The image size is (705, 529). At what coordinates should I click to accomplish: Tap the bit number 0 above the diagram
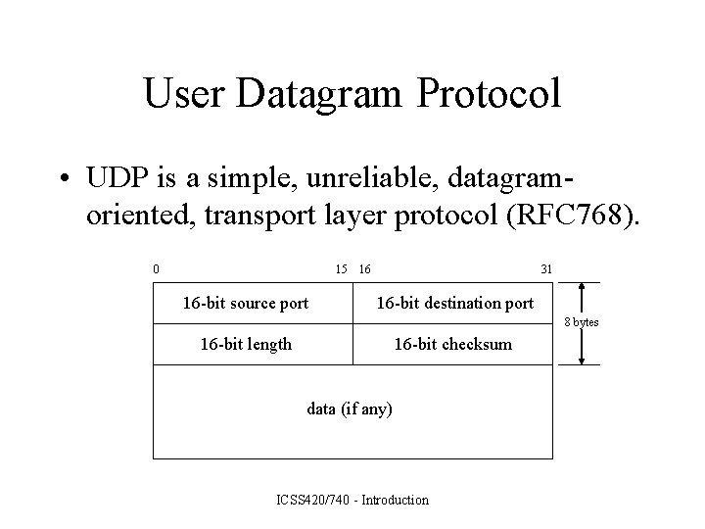pyautogui.click(x=157, y=268)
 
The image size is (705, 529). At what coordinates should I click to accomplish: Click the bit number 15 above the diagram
pyautogui.click(x=341, y=268)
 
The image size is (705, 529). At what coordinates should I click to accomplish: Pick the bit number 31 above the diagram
pyautogui.click(x=546, y=268)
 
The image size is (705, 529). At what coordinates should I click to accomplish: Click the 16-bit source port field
pyautogui.click(x=246, y=303)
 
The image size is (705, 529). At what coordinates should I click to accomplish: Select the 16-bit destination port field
pyautogui.click(x=455, y=303)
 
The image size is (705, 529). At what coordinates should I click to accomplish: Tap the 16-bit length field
pyautogui.click(x=246, y=344)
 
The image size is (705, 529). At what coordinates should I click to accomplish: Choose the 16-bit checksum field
pyautogui.click(x=452, y=344)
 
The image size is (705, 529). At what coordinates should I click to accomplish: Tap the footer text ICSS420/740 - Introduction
pyautogui.click(x=353, y=501)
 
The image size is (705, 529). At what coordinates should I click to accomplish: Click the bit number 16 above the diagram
pyautogui.click(x=364, y=268)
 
